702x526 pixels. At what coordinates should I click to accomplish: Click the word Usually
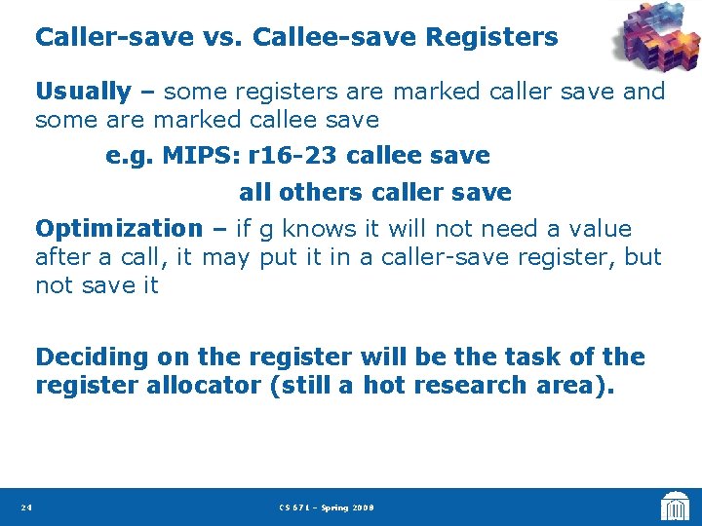[x=83, y=93]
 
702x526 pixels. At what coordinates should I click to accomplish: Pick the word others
[x=310, y=193]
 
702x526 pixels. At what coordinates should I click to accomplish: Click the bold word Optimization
[x=118, y=230]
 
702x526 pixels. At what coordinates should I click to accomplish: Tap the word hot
[x=383, y=386]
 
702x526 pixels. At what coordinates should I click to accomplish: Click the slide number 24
[x=26, y=507]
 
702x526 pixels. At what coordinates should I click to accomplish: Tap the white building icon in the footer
[x=674, y=506]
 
